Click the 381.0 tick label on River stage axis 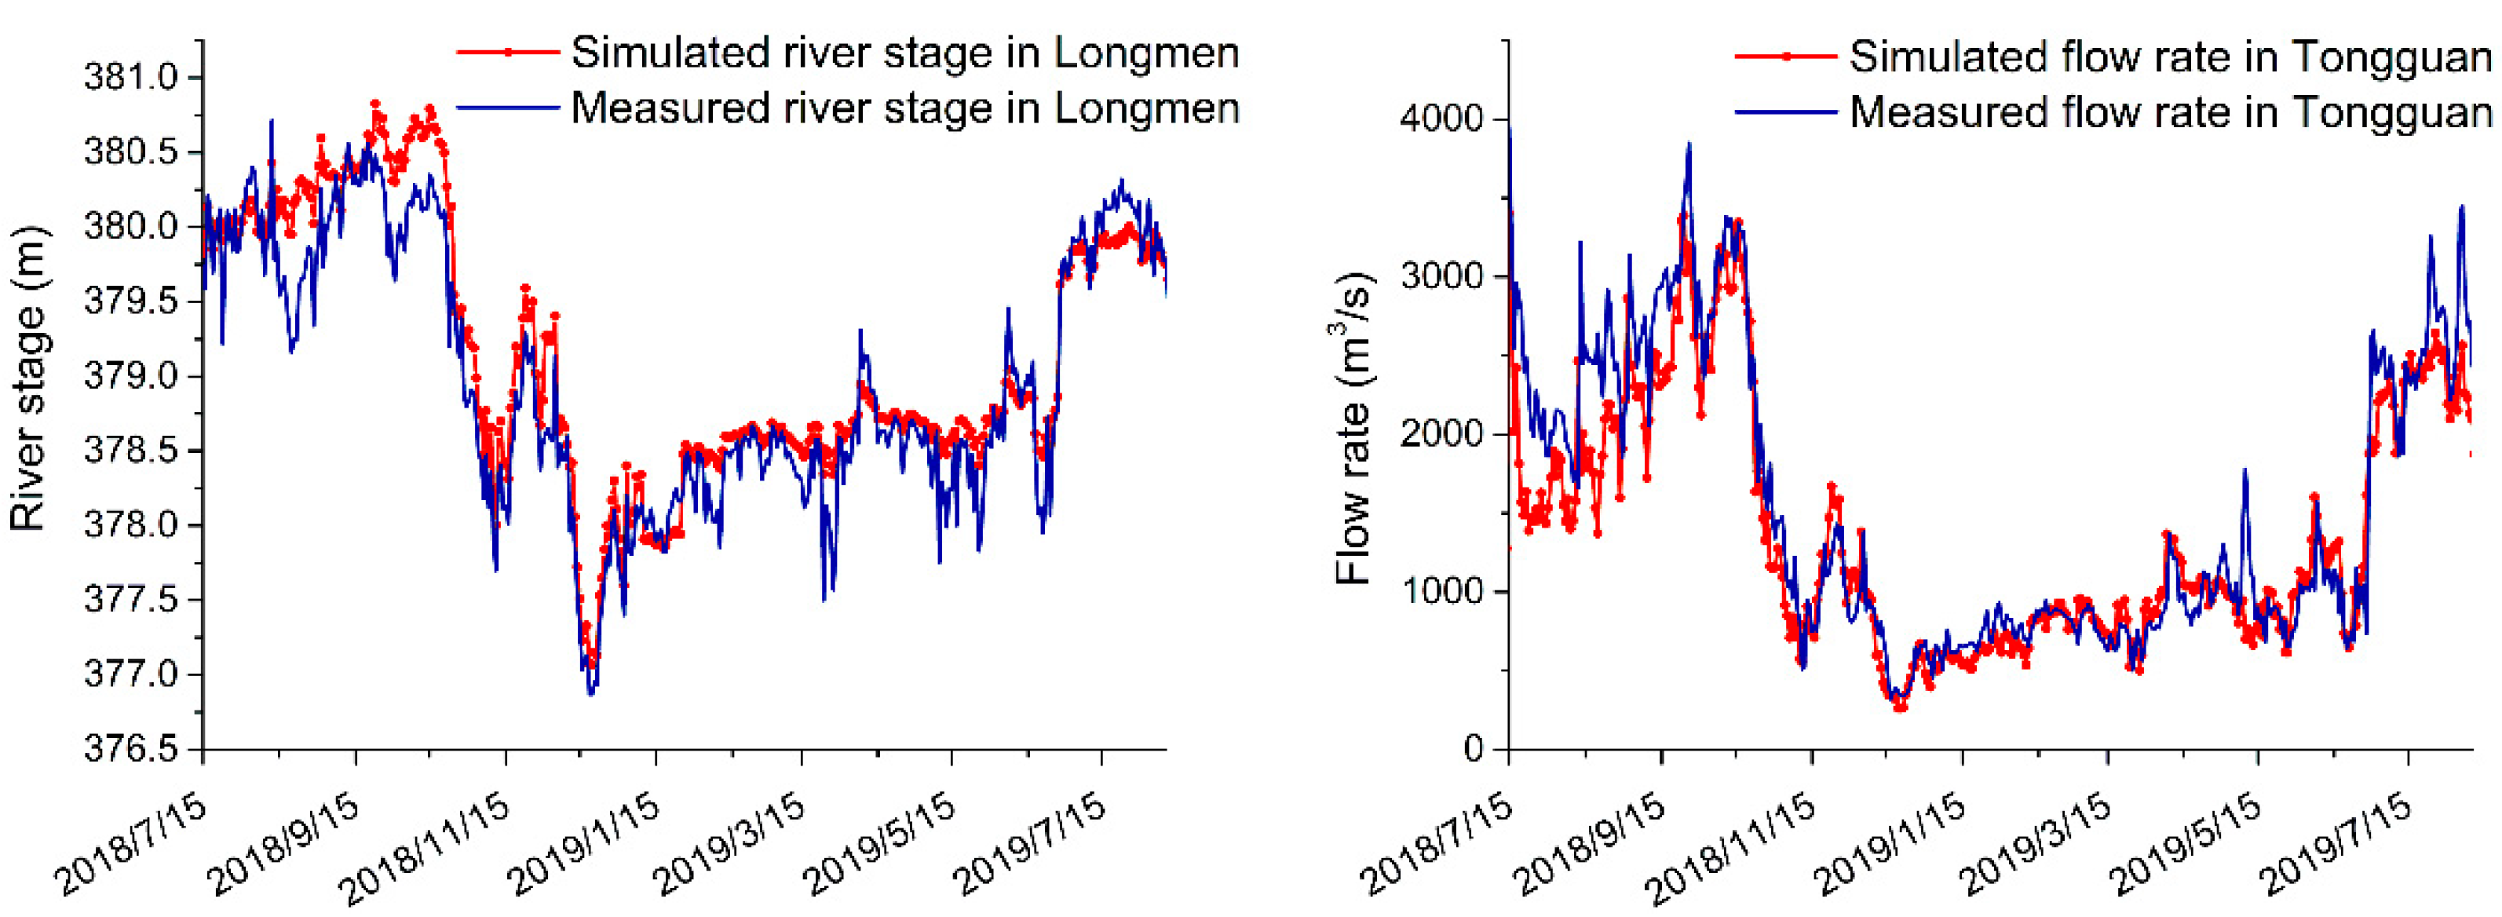click(130, 78)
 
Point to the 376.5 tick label click(130, 749)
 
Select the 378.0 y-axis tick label click(130, 525)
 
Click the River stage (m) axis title click(28, 379)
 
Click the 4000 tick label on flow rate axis click(1441, 119)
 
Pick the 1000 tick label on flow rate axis click(1441, 592)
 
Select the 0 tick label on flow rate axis click(1473, 749)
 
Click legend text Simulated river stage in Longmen click(904, 53)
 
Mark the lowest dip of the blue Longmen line click(591, 693)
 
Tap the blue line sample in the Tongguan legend click(1785, 111)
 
